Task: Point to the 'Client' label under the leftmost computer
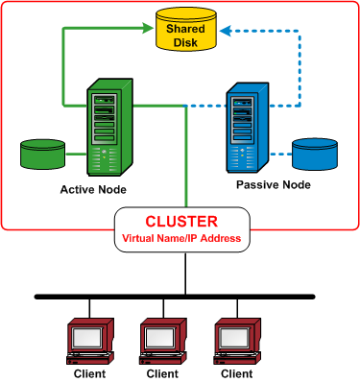[89, 373]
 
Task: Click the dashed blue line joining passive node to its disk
[280, 154]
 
